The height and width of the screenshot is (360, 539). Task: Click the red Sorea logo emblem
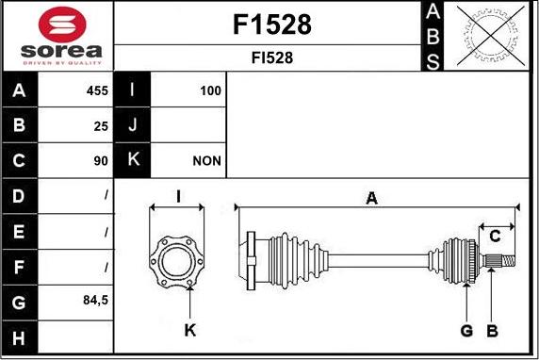pyautogui.click(x=62, y=25)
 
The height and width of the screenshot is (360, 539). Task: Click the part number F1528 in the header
pyautogui.click(x=272, y=25)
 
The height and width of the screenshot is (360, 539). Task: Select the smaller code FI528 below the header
pyautogui.click(x=272, y=57)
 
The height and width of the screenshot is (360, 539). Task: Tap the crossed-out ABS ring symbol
pyautogui.click(x=491, y=36)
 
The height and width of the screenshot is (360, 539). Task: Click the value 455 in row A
pyautogui.click(x=97, y=90)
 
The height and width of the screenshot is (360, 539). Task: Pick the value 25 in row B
pyautogui.click(x=101, y=126)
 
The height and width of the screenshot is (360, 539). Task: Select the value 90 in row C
pyautogui.click(x=101, y=161)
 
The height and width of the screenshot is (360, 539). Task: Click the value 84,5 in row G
pyautogui.click(x=95, y=301)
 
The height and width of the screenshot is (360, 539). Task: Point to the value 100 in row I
pyautogui.click(x=210, y=90)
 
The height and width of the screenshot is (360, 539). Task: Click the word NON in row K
pyautogui.click(x=207, y=161)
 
